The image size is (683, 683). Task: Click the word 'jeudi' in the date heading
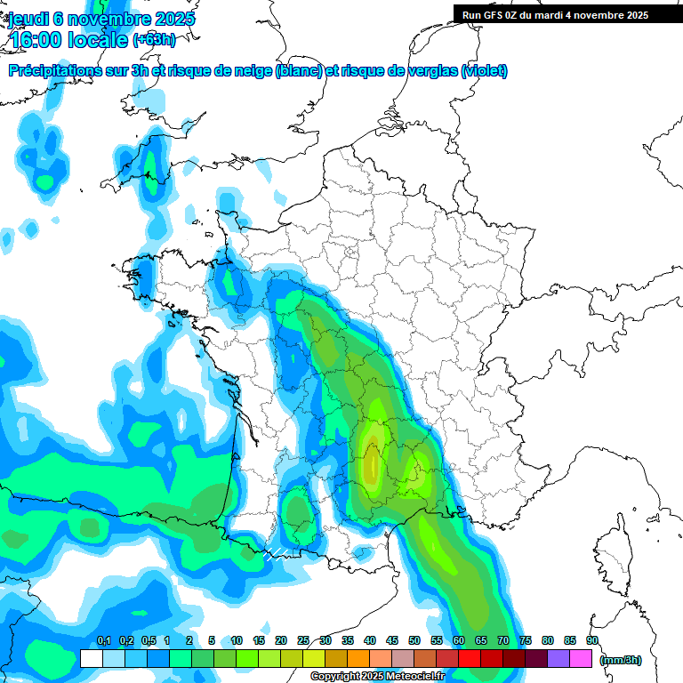tap(27, 19)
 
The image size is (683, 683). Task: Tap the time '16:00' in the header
tap(36, 40)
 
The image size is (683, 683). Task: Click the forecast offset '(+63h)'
tap(154, 40)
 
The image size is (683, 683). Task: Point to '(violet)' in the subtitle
tap(485, 71)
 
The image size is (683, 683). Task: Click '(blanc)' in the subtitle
tap(299, 71)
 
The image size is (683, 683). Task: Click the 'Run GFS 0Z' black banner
tap(555, 15)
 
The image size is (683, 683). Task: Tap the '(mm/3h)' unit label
tap(621, 660)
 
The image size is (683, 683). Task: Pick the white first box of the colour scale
tap(91, 659)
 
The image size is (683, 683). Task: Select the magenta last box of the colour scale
tap(582, 659)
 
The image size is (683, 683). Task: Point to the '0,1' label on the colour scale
tap(103, 641)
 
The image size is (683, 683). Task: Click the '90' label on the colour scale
tap(592, 641)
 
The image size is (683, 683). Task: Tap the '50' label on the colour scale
tap(414, 641)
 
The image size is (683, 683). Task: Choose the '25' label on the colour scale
tap(303, 641)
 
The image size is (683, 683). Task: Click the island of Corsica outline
tap(614, 556)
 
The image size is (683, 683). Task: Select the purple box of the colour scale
tap(558, 659)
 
